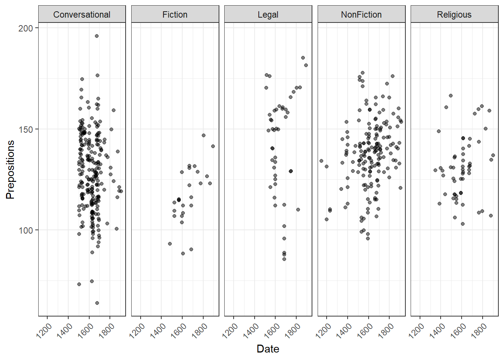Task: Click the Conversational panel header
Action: point(82,15)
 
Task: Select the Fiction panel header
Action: point(175,15)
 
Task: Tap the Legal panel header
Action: point(268,15)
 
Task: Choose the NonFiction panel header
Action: point(361,15)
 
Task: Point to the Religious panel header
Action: point(454,15)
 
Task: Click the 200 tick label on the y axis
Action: point(25,28)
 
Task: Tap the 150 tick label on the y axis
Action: point(25,129)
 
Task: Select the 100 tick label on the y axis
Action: point(25,230)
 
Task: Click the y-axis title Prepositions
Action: point(10,169)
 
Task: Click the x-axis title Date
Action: point(268,349)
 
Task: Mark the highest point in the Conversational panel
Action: point(97,36)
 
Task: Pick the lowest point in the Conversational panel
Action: point(97,303)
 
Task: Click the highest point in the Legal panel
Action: point(303,58)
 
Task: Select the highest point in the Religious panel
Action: point(451,96)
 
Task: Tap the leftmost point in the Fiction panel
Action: point(170,244)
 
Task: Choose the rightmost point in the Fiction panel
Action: point(213,146)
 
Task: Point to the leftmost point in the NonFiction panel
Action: point(321,161)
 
